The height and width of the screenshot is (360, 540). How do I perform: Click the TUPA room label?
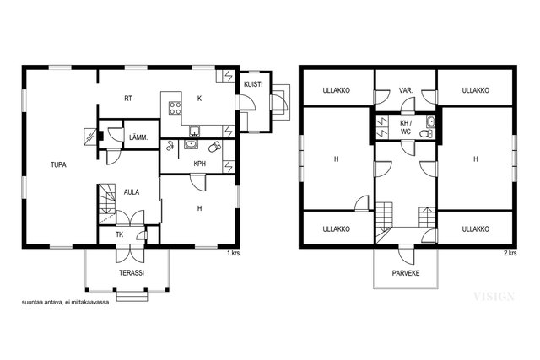pos(58,165)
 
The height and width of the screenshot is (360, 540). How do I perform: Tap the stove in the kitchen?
pos(175,108)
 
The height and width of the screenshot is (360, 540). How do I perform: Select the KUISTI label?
pos(253,84)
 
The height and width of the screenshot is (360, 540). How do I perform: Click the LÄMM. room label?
pos(138,137)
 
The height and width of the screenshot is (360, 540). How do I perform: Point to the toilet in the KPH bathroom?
pos(214,147)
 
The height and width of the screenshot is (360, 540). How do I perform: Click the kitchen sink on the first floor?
pos(195,132)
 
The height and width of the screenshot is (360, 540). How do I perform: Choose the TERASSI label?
pos(132,273)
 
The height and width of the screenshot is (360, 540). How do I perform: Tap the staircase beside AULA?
pos(107,204)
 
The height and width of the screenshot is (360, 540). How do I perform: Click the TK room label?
pos(120,234)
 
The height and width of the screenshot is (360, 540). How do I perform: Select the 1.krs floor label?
pos(233,253)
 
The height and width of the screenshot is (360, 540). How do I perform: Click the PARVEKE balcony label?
pos(406,273)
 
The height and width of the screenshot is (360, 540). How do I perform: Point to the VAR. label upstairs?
pos(406,90)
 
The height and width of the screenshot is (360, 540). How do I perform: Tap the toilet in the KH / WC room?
pos(428,133)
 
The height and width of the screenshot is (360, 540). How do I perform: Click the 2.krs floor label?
pos(510,253)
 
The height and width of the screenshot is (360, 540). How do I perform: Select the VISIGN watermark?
pos(494,296)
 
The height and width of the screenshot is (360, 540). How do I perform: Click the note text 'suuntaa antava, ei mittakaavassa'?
pos(66,303)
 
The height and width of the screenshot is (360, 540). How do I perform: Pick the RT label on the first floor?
pos(128,99)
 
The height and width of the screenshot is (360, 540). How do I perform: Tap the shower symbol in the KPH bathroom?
pos(169,146)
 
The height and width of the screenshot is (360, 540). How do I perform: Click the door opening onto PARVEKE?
pos(406,255)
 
